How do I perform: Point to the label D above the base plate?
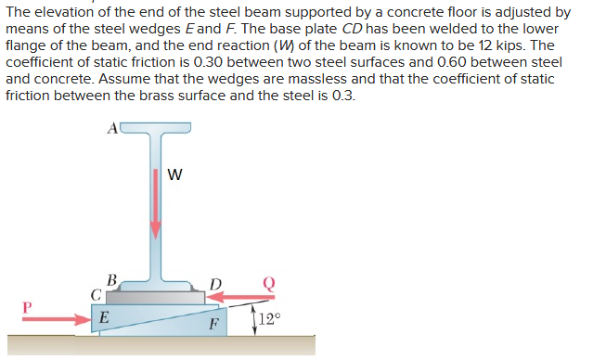pyautogui.click(x=216, y=281)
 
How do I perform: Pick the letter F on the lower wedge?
pyautogui.click(x=213, y=325)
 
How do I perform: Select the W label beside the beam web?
pyautogui.click(x=175, y=174)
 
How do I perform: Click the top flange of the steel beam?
pyautogui.click(x=156, y=130)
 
